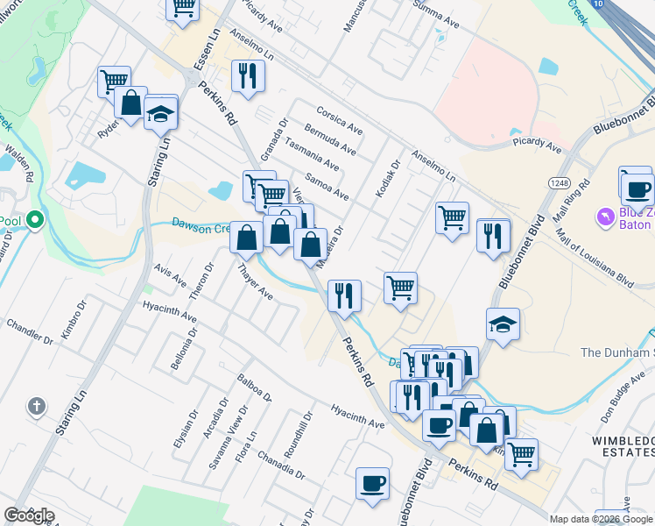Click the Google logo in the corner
(29, 515)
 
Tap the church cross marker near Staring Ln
(36, 406)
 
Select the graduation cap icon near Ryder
(161, 113)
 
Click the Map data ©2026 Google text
(601, 519)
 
